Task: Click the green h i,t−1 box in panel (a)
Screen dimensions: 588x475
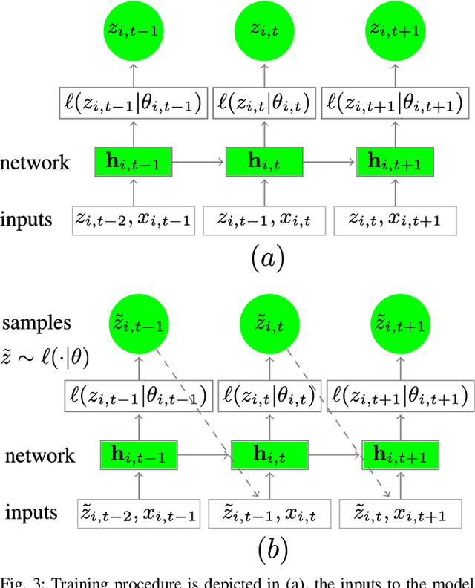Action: point(135,160)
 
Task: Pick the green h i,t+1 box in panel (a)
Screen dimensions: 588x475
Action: point(394,160)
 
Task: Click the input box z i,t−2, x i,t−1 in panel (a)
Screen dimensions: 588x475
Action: point(134,220)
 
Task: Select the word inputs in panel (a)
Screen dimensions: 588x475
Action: point(27,220)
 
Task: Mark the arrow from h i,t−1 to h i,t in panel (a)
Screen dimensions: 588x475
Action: point(200,160)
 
